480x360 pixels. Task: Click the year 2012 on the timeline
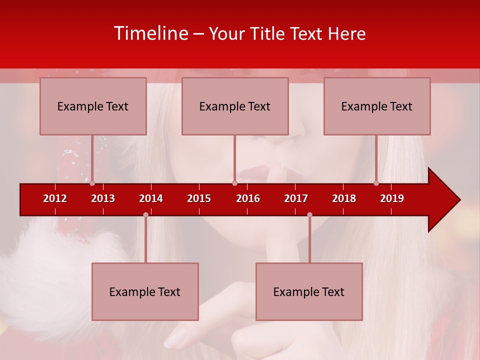pyautogui.click(x=55, y=198)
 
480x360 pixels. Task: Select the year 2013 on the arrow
pyautogui.click(x=103, y=198)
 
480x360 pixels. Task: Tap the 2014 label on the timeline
pyautogui.click(x=151, y=198)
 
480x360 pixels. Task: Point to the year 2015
pyautogui.click(x=199, y=198)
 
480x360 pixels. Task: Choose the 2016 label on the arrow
pyautogui.click(x=248, y=198)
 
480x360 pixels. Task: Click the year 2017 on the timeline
pyautogui.click(x=296, y=198)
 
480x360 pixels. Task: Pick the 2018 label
pyautogui.click(x=344, y=198)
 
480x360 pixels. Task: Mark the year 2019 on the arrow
pyautogui.click(x=392, y=198)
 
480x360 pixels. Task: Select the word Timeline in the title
pyautogui.click(x=150, y=33)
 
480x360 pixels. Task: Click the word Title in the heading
pyautogui.click(x=269, y=34)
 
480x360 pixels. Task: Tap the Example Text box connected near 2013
pyautogui.click(x=93, y=106)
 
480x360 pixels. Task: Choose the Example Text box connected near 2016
pyautogui.click(x=235, y=106)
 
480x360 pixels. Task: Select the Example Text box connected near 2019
pyautogui.click(x=377, y=106)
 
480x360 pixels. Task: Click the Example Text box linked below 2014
pyautogui.click(x=145, y=291)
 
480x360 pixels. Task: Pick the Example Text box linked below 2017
pyautogui.click(x=309, y=291)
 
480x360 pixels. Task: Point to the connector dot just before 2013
pyautogui.click(x=92, y=183)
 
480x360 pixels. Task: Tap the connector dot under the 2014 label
pyautogui.click(x=145, y=215)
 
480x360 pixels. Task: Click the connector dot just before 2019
pyautogui.click(x=376, y=183)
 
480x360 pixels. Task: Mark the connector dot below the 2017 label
pyautogui.click(x=309, y=215)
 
